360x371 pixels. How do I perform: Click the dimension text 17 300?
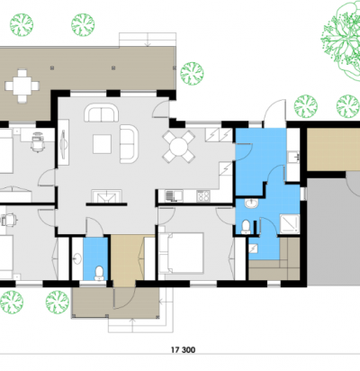pos(183,349)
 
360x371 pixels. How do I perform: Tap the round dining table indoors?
pos(178,147)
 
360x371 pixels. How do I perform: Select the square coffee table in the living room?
pos(102,144)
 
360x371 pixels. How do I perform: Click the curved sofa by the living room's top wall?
pos(101,113)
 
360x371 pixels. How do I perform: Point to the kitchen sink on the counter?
pos(174,195)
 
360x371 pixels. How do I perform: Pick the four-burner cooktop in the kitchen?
pos(203,196)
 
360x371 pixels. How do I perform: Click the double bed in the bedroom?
pos(181,253)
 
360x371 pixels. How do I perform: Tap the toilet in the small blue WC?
pos(99,273)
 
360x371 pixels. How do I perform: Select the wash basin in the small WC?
pos(77,258)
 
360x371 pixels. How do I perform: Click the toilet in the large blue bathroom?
pos(246,227)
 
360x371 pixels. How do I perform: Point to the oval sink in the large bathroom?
pos(251,204)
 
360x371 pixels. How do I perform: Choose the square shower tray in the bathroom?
pos(290,224)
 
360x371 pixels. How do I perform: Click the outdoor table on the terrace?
pos(22,86)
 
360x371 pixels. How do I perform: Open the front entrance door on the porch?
pos(124,298)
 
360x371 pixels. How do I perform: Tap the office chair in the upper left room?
pos(38,141)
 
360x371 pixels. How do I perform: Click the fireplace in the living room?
pos(106,197)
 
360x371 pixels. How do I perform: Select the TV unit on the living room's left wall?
pos(63,142)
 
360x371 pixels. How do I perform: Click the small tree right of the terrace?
pos(192,74)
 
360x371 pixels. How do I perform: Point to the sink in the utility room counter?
pos(293,157)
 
